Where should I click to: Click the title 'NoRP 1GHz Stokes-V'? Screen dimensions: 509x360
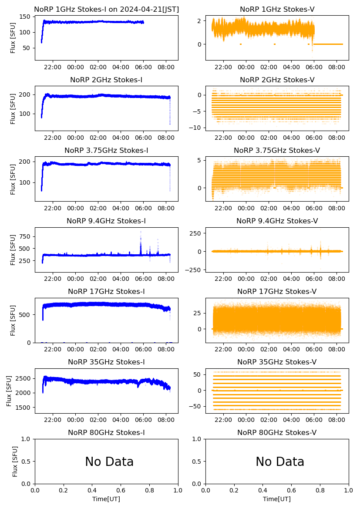(277, 9)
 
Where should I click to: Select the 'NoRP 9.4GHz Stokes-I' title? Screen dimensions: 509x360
(106, 221)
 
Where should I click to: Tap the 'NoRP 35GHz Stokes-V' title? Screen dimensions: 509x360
(277, 362)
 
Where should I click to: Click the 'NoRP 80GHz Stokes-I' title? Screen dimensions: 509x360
(106, 432)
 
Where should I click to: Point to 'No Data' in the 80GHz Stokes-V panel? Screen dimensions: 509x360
(280, 462)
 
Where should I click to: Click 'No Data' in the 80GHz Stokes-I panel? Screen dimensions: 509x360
(109, 462)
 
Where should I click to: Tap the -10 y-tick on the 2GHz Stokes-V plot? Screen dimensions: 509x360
(197, 128)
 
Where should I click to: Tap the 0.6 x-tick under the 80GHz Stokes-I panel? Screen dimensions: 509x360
(121, 491)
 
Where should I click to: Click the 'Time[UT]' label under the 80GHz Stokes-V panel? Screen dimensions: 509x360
(277, 499)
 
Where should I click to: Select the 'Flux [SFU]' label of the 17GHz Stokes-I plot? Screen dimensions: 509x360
(13, 320)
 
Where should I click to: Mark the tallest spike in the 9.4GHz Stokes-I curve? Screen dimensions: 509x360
(141, 232)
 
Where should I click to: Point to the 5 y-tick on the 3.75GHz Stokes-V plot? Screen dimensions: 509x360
(201, 161)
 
